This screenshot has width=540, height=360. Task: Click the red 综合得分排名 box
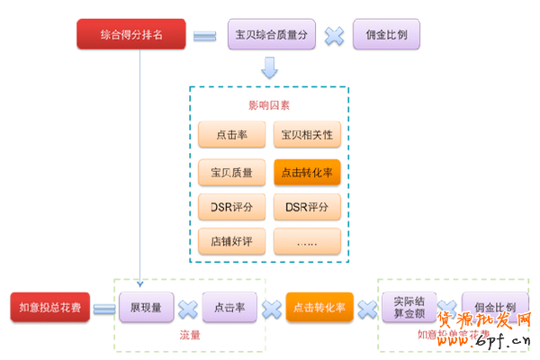[132, 35]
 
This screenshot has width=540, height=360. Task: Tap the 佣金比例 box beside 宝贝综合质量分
[386, 35]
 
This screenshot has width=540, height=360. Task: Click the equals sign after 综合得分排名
[204, 36]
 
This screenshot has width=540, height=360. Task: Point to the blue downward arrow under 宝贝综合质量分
[269, 67]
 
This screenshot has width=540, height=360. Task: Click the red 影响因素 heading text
[269, 105]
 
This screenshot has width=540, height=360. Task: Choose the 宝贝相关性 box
[307, 135]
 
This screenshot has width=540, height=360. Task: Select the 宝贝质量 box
[231, 171]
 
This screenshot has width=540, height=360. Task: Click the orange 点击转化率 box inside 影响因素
[307, 171]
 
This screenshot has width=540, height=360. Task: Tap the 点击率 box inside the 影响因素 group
[231, 135]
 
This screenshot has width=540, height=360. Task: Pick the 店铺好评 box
[231, 240]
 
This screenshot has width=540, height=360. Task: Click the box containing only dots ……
[307, 240]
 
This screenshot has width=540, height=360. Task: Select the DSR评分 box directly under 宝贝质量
[231, 206]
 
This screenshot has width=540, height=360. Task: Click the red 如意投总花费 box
[50, 308]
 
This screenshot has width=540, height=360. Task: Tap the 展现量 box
[146, 308]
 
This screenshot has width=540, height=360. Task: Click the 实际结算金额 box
[409, 308]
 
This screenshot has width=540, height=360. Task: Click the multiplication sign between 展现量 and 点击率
[188, 309]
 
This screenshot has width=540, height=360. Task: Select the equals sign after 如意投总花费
[104, 309]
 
